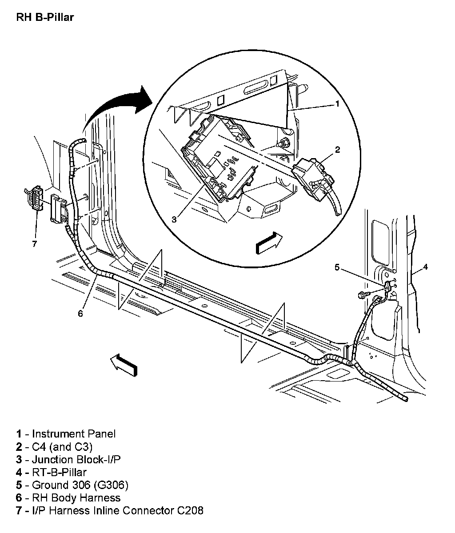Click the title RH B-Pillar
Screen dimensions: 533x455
[x=45, y=17]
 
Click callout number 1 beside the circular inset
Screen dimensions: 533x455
[x=337, y=104]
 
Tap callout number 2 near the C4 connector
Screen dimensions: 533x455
[x=337, y=150]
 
